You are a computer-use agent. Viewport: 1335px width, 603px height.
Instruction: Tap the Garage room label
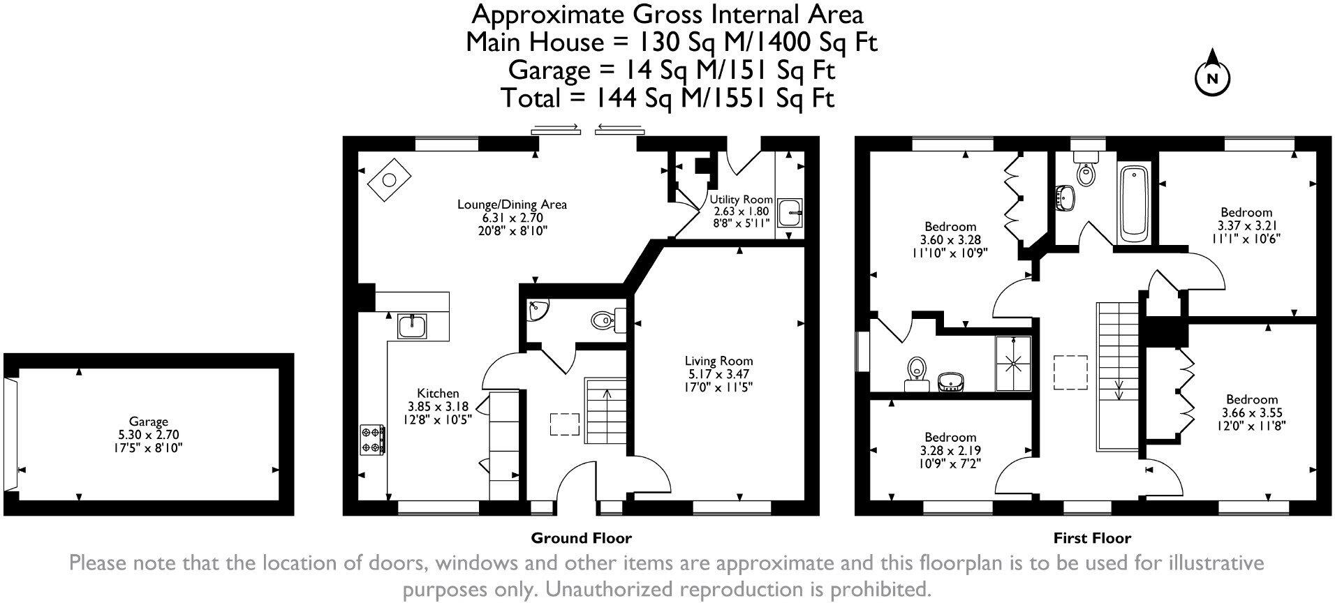pyautogui.click(x=148, y=422)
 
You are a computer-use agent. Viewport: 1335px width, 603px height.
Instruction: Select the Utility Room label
pyautogui.click(x=741, y=200)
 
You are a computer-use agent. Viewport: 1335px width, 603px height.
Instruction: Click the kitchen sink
pyautogui.click(x=412, y=325)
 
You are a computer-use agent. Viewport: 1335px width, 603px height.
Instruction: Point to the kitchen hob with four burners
pyautogui.click(x=371, y=440)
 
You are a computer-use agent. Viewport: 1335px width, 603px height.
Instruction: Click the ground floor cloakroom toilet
pyautogui.click(x=602, y=321)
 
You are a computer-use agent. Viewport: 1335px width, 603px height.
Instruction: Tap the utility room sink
pyautogui.click(x=790, y=212)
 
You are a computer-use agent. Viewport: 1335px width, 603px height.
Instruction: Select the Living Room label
pyautogui.click(x=718, y=361)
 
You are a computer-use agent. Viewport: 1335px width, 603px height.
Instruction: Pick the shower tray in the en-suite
pyautogui.click(x=1014, y=362)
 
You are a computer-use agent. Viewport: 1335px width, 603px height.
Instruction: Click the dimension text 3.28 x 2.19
pyautogui.click(x=950, y=450)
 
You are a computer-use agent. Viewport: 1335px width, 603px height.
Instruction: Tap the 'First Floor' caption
pyautogui.click(x=1092, y=538)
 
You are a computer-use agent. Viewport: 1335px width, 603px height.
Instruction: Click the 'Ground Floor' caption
pyautogui.click(x=581, y=538)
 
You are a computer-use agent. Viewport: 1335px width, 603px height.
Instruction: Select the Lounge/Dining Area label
pyautogui.click(x=512, y=204)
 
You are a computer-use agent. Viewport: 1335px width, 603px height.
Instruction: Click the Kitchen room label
pyautogui.click(x=438, y=393)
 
